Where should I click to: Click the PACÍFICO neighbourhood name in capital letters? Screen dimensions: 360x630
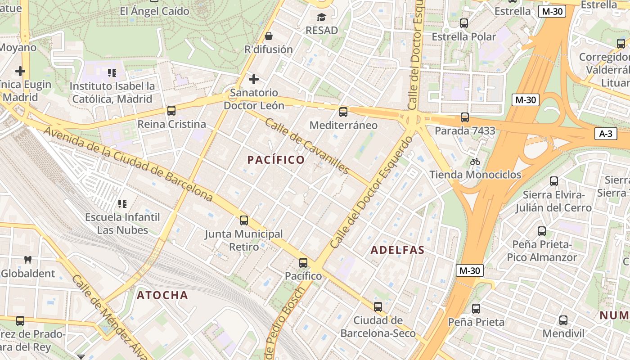276,160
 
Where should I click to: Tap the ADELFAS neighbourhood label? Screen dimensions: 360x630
397,250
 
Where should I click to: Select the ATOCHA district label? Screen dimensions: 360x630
162,295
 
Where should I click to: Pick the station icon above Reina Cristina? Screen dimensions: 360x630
171,110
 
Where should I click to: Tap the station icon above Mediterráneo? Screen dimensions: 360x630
343,112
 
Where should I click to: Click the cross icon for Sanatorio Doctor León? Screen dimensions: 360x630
254,79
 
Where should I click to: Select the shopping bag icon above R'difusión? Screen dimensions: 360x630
269,36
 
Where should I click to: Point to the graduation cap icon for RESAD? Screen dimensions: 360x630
321,17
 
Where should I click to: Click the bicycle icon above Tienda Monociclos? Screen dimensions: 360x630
475,162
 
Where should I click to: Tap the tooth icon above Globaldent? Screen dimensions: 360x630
27,260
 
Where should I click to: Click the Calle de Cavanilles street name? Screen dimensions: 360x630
307,146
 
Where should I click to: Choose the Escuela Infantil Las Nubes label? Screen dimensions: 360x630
122,224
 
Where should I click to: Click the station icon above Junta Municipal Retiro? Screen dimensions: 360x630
244,220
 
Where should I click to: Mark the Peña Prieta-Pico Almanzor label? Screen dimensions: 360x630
542,251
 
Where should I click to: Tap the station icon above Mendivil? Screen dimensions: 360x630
563,320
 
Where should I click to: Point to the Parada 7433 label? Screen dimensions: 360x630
465,131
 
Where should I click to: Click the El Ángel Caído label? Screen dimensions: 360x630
154,11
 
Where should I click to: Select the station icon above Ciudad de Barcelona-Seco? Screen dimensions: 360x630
378,306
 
